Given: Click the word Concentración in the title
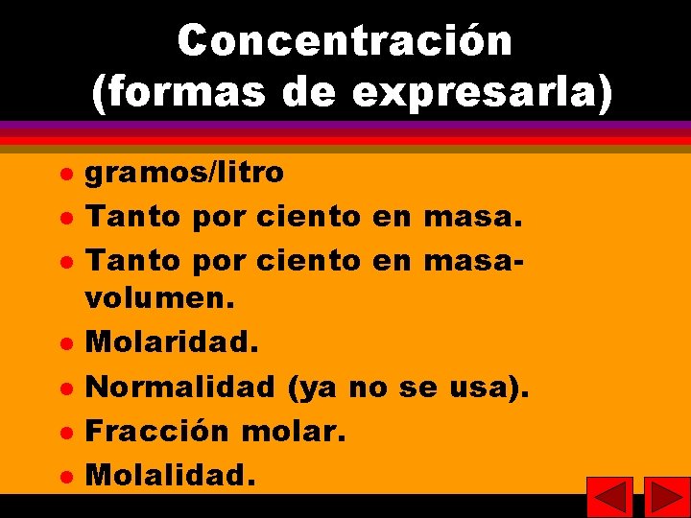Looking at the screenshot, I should click(345, 41).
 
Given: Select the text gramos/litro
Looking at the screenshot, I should click(185, 173).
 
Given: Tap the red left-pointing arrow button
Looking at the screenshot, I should click(609, 497).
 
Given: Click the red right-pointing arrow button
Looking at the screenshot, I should click(667, 497).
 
